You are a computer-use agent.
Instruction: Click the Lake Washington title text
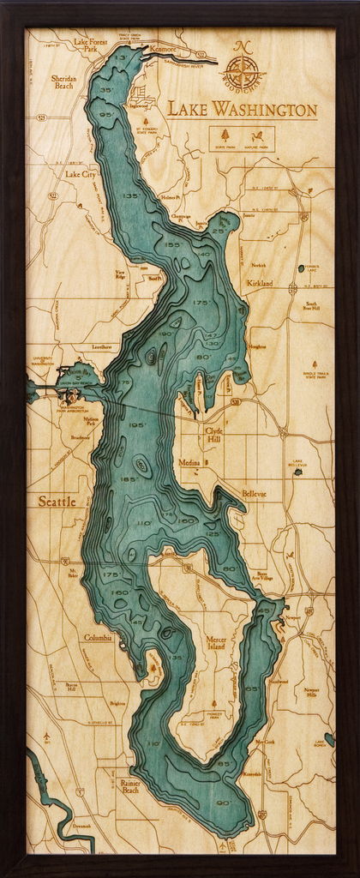tap(242, 110)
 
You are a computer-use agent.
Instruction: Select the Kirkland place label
tap(260, 283)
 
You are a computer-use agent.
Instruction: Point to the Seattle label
tap(57, 501)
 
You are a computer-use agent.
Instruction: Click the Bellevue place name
tap(254, 494)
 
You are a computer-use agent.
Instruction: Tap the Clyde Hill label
tap(213, 434)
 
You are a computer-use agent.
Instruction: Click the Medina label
tap(189, 462)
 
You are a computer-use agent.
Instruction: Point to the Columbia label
tap(97, 638)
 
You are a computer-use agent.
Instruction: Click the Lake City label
tap(81, 174)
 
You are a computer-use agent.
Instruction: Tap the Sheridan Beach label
tap(63, 81)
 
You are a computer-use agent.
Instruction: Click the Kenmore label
tap(162, 50)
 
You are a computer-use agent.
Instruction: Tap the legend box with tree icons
tap(242, 138)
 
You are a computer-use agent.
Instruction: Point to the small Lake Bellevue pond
tap(297, 471)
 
